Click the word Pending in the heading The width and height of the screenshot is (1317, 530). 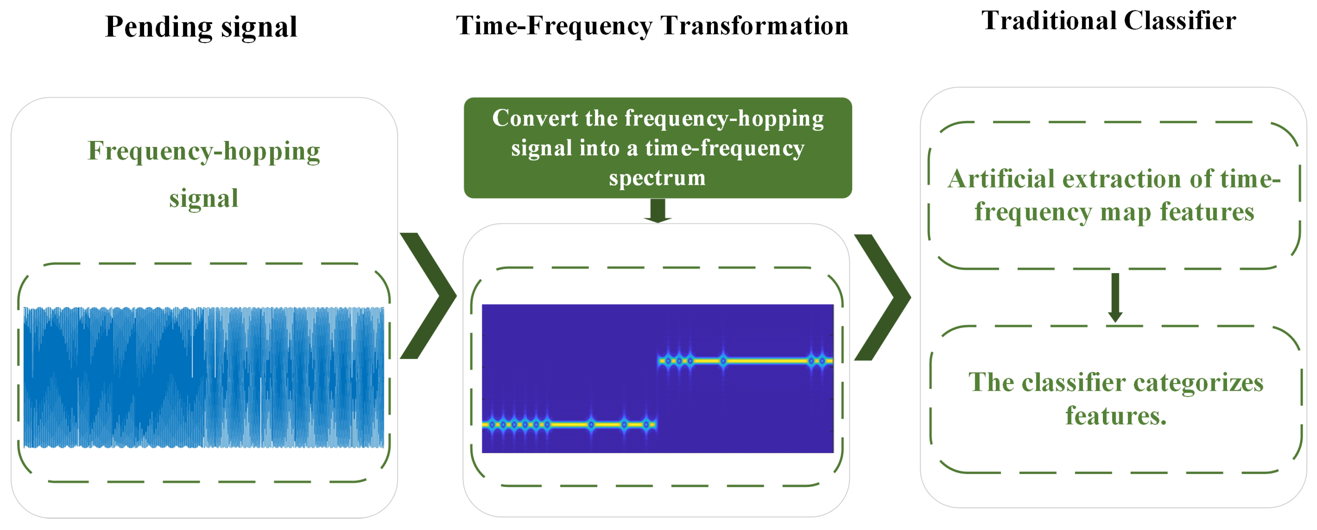(158, 27)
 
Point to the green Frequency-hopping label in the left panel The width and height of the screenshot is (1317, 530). (203, 151)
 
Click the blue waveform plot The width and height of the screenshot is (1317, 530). (203, 377)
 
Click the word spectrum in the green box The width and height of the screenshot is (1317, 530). (657, 178)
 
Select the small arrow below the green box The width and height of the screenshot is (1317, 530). (658, 210)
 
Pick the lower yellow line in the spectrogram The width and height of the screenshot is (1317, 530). (568, 424)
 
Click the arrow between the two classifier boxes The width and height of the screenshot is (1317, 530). (1115, 297)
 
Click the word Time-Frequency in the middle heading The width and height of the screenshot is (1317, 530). (554, 25)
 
